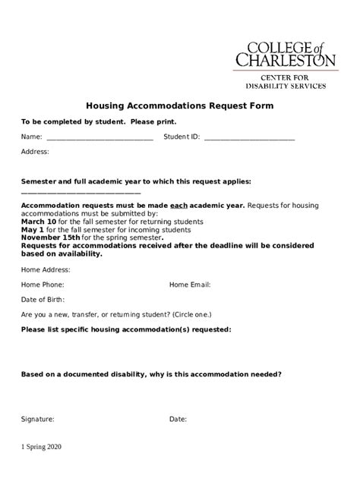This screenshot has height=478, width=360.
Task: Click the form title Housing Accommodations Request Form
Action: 179,106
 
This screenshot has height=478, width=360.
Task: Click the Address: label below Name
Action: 35,152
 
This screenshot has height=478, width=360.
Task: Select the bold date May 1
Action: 33,229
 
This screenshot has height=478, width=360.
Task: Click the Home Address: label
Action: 46,270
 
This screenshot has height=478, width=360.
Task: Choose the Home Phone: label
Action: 43,285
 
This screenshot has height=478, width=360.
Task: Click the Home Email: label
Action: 190,285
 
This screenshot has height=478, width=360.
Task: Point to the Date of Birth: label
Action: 43,300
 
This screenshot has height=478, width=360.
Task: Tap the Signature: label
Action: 38,419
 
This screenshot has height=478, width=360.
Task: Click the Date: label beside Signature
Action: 178,419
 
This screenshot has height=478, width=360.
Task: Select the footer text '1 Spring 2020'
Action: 42,447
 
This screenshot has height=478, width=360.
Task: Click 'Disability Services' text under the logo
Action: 293,86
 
